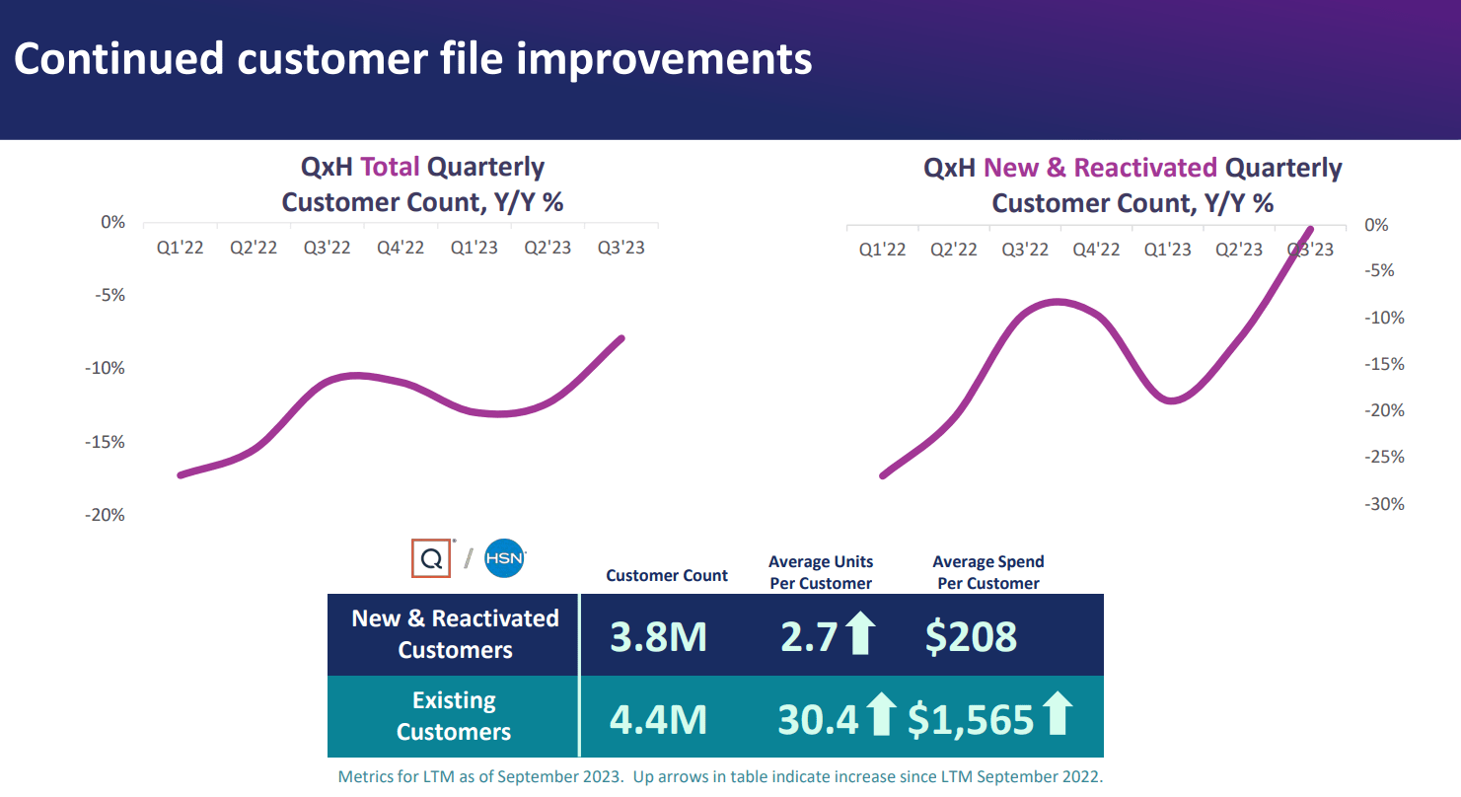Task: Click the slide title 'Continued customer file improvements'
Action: pyautogui.click(x=413, y=59)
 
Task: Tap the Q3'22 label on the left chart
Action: pyautogui.click(x=327, y=248)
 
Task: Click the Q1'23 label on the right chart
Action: pyautogui.click(x=1167, y=250)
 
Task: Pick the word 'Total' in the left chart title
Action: pyautogui.click(x=390, y=167)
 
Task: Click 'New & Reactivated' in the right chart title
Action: pyautogui.click(x=1100, y=168)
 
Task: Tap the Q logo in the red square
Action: pyautogui.click(x=431, y=558)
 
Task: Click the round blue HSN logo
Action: pyautogui.click(x=505, y=558)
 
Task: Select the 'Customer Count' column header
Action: pyautogui.click(x=667, y=575)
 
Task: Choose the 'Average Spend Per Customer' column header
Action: pyautogui.click(x=987, y=572)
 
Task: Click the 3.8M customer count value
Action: pyautogui.click(x=658, y=637)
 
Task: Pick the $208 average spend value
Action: pyautogui.click(x=971, y=637)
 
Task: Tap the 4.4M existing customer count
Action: pyautogui.click(x=658, y=719)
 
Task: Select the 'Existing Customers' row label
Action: pyautogui.click(x=454, y=716)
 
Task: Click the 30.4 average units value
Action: pyautogui.click(x=818, y=720)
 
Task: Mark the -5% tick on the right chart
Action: pyautogui.click(x=1382, y=271)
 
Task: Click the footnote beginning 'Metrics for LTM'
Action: pyautogui.click(x=720, y=776)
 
